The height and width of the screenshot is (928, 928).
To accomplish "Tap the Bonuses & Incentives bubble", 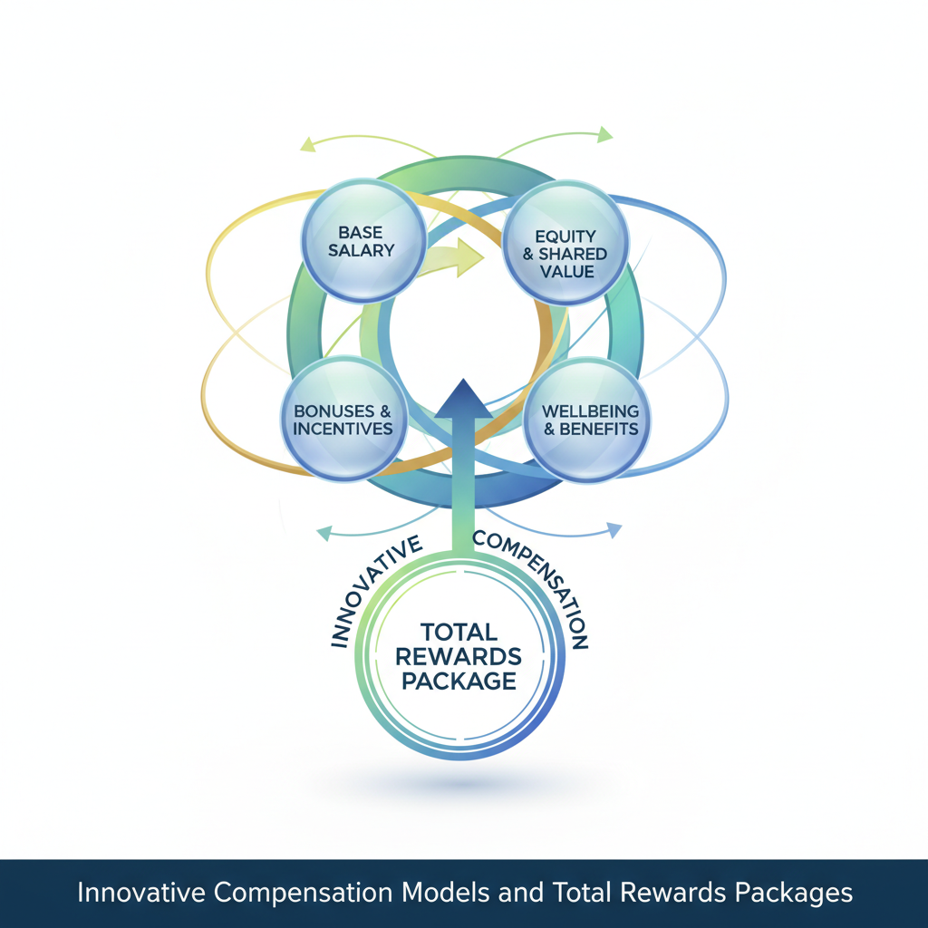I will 343,418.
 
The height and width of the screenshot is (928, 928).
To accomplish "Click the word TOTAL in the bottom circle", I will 459,632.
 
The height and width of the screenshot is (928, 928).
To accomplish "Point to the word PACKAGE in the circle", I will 459,680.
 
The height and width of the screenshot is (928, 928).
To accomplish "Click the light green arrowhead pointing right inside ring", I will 468,256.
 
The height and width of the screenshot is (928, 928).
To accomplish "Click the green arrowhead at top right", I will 604,135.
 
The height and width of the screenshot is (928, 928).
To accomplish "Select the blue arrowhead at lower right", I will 614,529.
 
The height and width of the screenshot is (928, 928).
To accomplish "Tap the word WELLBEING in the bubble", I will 590,411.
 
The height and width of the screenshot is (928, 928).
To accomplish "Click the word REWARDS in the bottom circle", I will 459,655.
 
